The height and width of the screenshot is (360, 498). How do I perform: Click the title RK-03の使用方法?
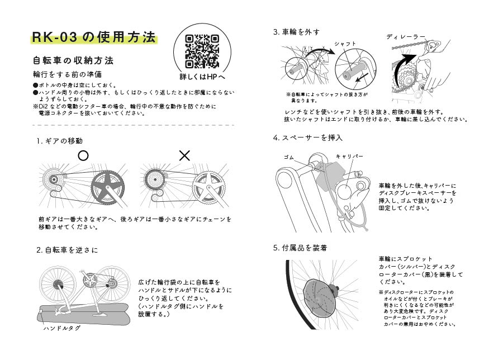click(x=93, y=37)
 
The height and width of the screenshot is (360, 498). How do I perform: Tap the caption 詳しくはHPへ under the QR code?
click(x=202, y=77)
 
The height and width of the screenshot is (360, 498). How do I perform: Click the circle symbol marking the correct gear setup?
click(x=83, y=156)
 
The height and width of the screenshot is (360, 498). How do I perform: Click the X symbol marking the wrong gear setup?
click(x=184, y=156)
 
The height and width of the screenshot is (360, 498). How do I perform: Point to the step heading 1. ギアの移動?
click(x=60, y=141)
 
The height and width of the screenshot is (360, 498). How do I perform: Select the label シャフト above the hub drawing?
click(x=345, y=43)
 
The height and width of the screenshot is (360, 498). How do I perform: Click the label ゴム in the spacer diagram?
click(x=289, y=157)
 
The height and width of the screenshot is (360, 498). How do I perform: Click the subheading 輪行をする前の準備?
click(x=67, y=74)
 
